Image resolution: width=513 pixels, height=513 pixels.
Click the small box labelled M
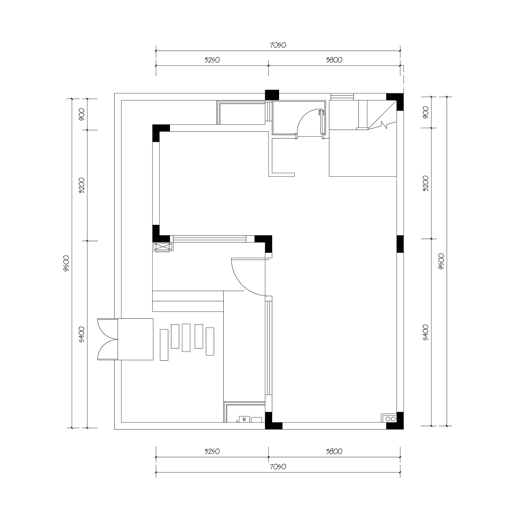[244, 419]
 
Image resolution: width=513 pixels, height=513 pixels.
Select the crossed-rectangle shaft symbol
[163, 247]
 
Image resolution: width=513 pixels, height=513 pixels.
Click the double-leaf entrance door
[108, 339]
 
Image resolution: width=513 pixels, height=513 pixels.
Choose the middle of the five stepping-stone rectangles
[186, 338]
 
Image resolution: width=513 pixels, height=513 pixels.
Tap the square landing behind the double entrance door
[135, 339]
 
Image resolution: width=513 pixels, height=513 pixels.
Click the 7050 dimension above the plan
[278, 45]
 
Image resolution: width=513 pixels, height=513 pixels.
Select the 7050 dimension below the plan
[278, 467]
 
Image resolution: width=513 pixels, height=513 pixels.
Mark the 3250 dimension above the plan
[212, 60]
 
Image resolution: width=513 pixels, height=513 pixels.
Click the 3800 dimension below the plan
[334, 451]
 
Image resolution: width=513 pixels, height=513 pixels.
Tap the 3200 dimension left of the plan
[82, 185]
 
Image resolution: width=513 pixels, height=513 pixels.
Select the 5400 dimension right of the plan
[426, 332]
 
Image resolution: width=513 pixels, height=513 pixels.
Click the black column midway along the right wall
[400, 244]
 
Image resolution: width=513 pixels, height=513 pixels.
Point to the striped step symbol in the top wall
[342, 97]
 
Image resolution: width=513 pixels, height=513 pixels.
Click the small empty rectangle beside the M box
[256, 420]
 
